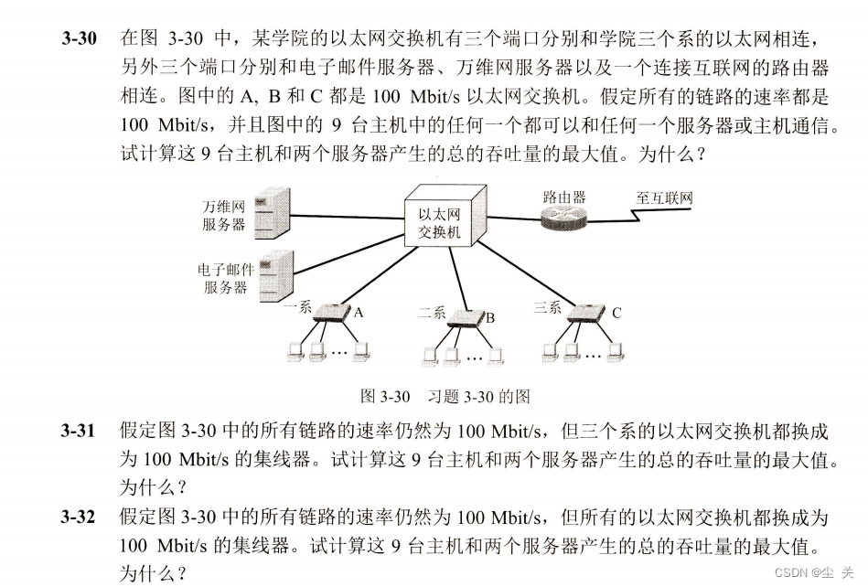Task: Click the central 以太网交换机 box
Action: [x=434, y=222]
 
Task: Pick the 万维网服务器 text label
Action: [x=225, y=215]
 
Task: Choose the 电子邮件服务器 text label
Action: [x=223, y=279]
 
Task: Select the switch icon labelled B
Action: [x=467, y=315]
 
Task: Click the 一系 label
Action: [x=298, y=307]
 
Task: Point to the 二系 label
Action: [x=432, y=312]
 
